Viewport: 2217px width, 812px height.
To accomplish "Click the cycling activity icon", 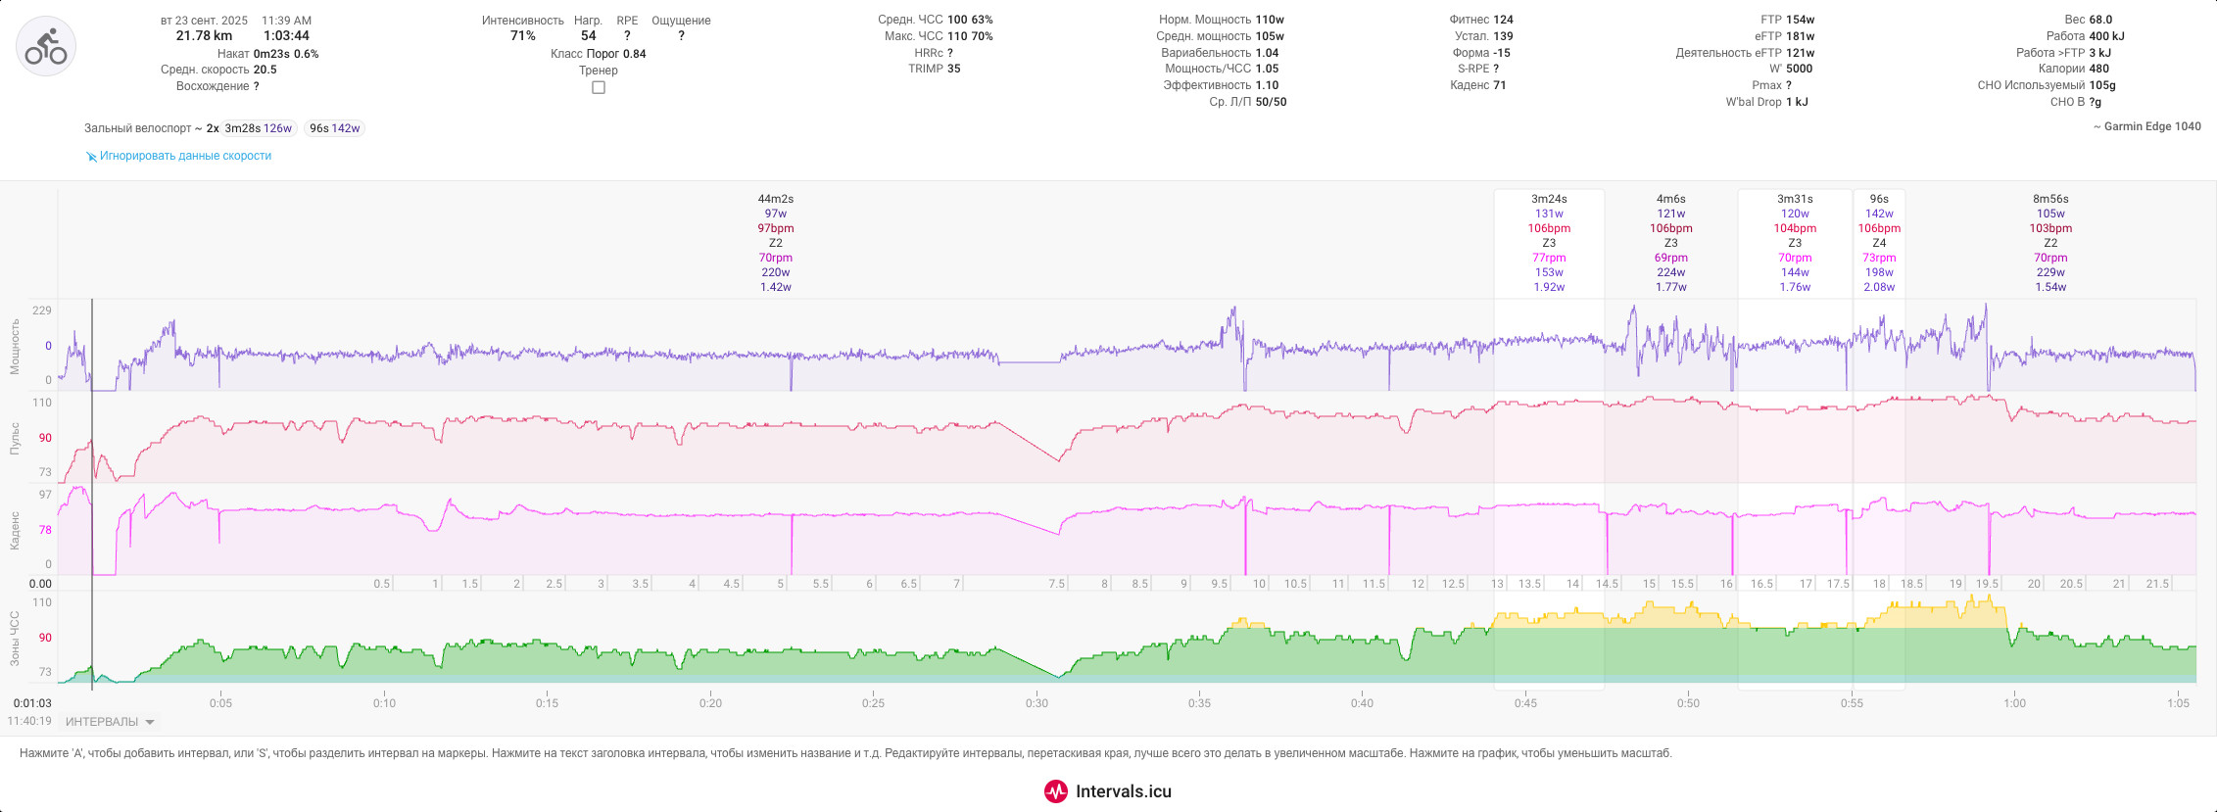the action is pyautogui.click(x=46, y=46).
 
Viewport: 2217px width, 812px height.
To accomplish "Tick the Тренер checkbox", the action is pyautogui.click(x=599, y=87).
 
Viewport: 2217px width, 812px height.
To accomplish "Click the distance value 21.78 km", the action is pyautogui.click(x=204, y=36).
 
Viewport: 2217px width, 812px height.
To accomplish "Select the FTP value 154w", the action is pyautogui.click(x=1801, y=20).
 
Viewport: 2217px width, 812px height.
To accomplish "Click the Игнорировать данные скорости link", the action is pyautogui.click(x=185, y=156).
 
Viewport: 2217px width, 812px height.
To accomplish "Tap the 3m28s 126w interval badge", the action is pyautogui.click(x=259, y=128).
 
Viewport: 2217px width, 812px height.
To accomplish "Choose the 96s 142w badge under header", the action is pyautogui.click(x=334, y=128).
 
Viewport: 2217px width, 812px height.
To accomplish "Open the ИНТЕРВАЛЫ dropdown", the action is pyautogui.click(x=110, y=722).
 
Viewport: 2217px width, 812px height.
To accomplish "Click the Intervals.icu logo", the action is pyautogui.click(x=1108, y=791).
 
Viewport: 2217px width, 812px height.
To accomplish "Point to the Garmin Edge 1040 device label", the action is pyautogui.click(x=2147, y=126).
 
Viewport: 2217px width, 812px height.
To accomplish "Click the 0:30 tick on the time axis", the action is pyautogui.click(x=1036, y=703).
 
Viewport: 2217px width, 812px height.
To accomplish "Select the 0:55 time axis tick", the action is pyautogui.click(x=1852, y=703).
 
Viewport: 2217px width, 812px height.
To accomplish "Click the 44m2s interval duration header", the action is pyautogui.click(x=776, y=199).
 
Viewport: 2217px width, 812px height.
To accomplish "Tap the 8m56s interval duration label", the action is pyautogui.click(x=2050, y=199).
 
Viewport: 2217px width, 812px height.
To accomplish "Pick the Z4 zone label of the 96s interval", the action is pyautogui.click(x=1879, y=243).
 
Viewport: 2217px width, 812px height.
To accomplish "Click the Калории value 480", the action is pyautogui.click(x=2099, y=69).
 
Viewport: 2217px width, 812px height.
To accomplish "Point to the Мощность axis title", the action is pyautogui.click(x=15, y=346).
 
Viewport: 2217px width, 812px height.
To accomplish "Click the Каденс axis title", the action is pyautogui.click(x=15, y=530).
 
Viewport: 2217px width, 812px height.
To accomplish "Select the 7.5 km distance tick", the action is pyautogui.click(x=1056, y=584).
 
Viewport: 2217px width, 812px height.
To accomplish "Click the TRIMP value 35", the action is pyautogui.click(x=954, y=69).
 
